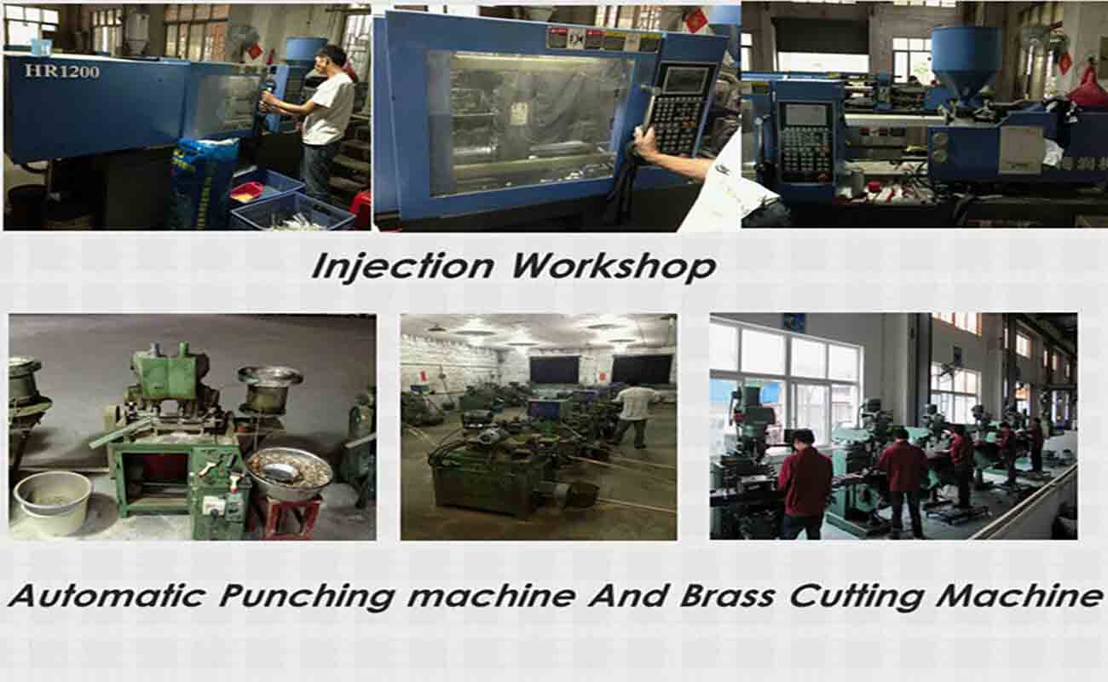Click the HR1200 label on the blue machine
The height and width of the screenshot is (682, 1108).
61,71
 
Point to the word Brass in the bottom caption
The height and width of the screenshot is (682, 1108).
730,595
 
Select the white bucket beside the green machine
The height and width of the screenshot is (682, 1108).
53,503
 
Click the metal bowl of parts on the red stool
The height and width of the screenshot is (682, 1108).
288,472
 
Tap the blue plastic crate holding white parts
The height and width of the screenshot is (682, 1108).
291,213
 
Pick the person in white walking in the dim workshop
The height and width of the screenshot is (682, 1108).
633,412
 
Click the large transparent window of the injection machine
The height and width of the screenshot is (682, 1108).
528,119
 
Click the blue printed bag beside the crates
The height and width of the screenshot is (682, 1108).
202,183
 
